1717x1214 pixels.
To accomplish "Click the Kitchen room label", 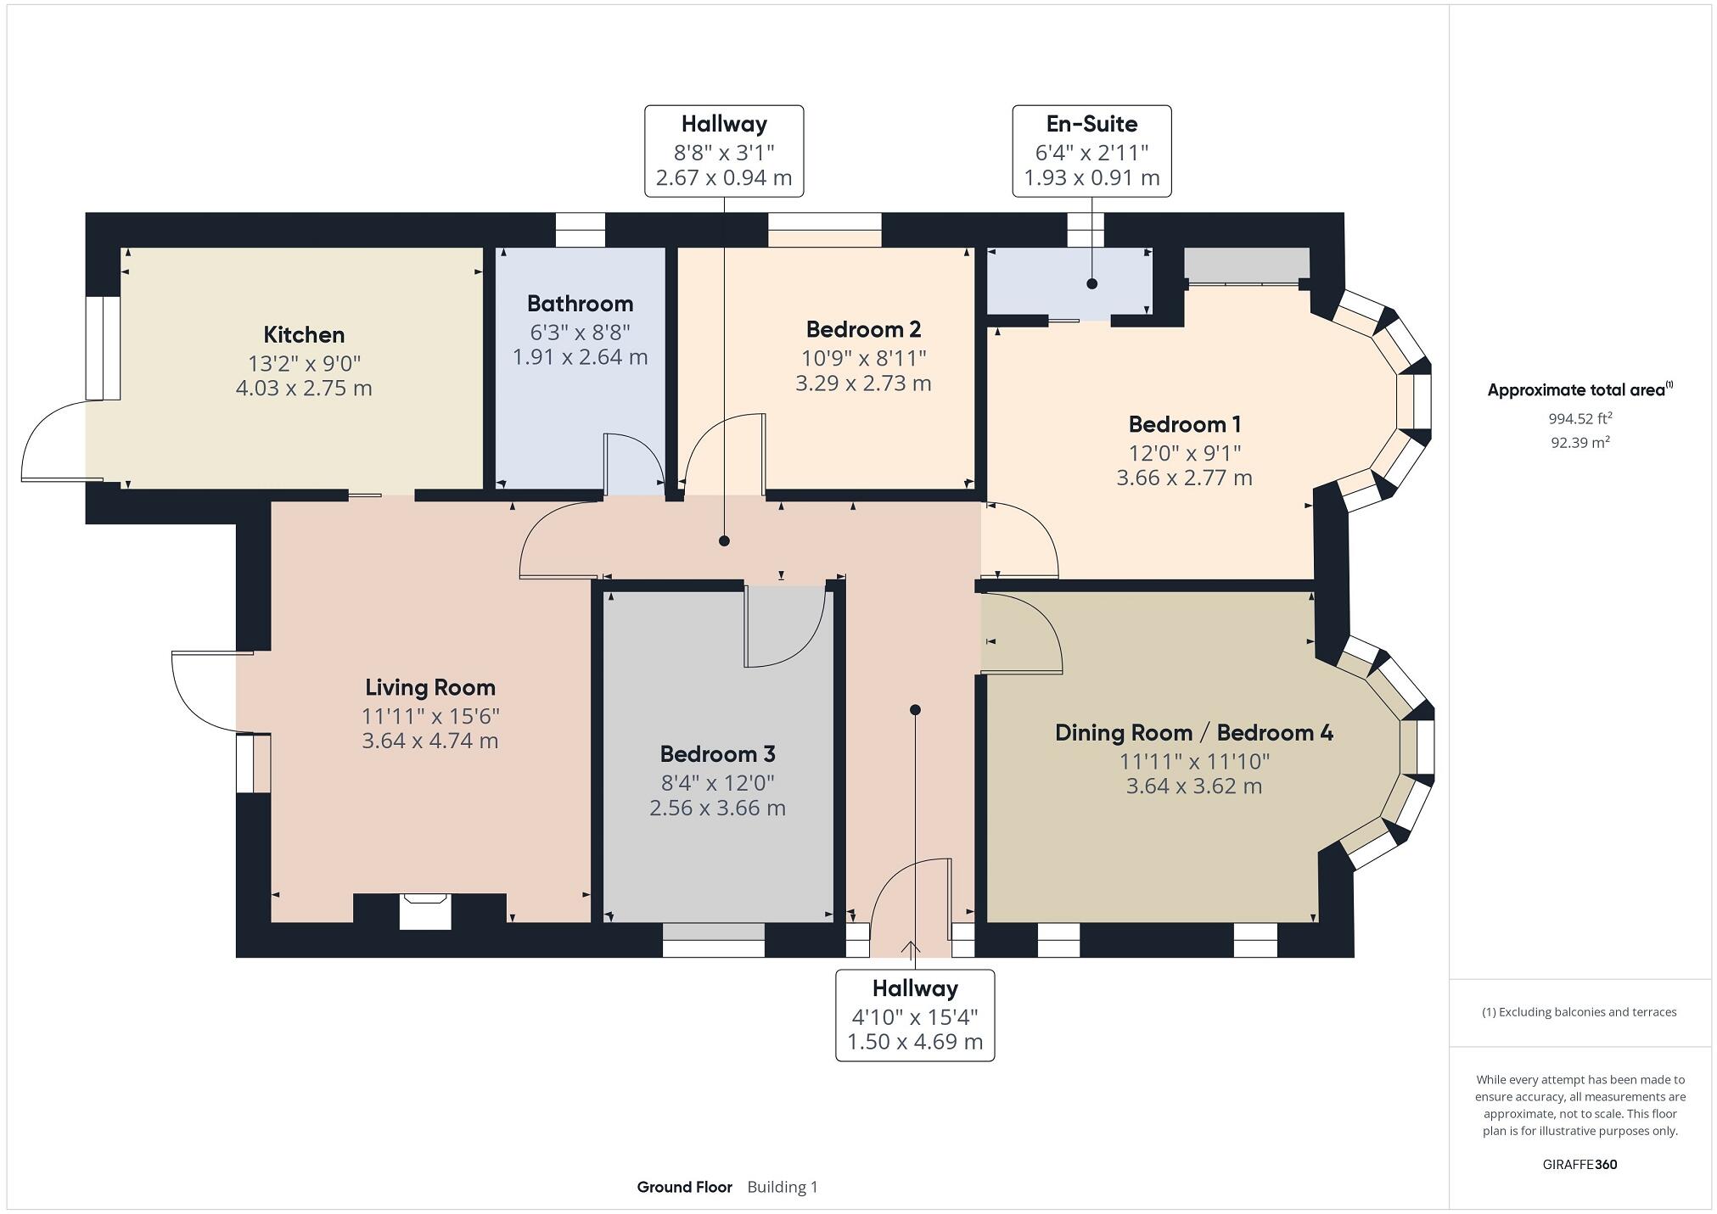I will point(304,334).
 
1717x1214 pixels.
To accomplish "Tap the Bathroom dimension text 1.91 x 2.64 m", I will point(580,357).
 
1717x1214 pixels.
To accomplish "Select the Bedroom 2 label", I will point(863,329).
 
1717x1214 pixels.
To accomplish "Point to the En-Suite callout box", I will point(1091,151).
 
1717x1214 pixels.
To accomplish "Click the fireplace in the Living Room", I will point(424,911).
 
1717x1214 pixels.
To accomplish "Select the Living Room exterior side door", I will point(204,691).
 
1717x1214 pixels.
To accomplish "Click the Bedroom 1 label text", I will point(1184,423).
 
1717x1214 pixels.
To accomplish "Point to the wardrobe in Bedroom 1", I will point(1246,266).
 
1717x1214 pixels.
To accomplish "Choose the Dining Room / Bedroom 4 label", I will point(1193,732).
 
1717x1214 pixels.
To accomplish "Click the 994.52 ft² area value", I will point(1580,418).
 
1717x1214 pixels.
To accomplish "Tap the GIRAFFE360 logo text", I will point(1580,1164).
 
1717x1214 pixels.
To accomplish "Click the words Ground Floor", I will point(684,1187).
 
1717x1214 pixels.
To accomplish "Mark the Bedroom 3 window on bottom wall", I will point(713,940).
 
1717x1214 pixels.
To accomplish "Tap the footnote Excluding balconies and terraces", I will point(1579,1012).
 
